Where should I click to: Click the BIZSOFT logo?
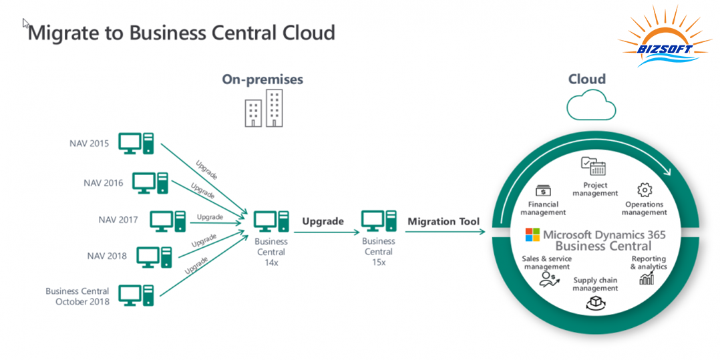665,37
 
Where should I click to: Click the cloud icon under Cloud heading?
590,106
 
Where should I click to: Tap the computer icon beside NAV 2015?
136,143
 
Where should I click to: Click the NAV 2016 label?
104,182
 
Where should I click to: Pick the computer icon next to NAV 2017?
168,220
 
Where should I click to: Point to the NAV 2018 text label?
107,256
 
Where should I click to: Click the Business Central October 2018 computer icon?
136,295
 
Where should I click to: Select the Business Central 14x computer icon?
271,222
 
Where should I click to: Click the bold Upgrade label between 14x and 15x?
323,221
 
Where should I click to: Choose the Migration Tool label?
443,221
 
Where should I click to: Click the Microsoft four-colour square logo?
532,234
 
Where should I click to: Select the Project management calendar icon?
593,166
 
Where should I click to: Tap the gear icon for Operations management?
644,189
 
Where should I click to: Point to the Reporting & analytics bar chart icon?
647,278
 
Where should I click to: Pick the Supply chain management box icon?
594,304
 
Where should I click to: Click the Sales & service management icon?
550,279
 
